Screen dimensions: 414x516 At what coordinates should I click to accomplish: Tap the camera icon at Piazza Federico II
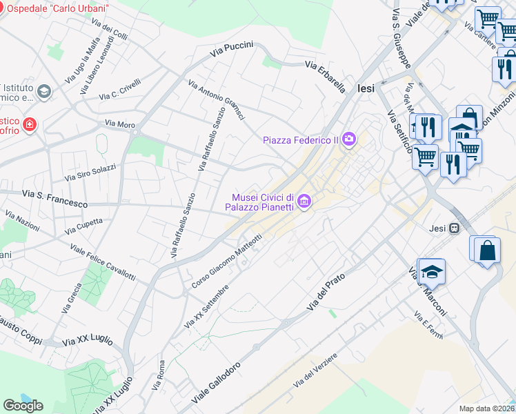tap(349, 140)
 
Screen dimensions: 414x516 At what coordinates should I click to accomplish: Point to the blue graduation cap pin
tap(432, 272)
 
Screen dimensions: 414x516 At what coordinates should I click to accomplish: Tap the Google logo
tap(23, 405)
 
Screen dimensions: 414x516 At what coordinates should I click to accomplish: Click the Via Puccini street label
tap(232, 48)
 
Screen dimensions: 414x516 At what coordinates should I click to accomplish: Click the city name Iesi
tap(366, 88)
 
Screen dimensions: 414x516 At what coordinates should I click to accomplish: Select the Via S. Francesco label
tap(55, 199)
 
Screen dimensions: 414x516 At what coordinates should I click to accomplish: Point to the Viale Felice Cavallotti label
tap(103, 262)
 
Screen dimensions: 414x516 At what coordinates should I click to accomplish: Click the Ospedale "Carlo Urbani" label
tap(58, 8)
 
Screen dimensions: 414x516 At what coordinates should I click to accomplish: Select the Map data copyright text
tap(487, 408)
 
